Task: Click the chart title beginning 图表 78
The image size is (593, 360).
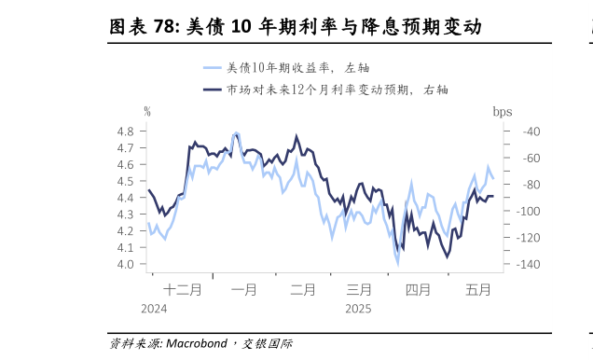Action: pyautogui.click(x=296, y=26)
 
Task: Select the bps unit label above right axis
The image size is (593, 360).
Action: pyautogui.click(x=503, y=111)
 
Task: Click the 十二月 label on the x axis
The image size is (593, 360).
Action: pyautogui.click(x=182, y=290)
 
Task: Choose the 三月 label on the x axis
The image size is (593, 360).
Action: pyautogui.click(x=359, y=290)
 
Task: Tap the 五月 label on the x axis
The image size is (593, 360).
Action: pyautogui.click(x=477, y=290)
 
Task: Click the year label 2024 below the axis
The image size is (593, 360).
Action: pyautogui.click(x=155, y=309)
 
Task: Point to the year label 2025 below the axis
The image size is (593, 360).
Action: pyautogui.click(x=358, y=309)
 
